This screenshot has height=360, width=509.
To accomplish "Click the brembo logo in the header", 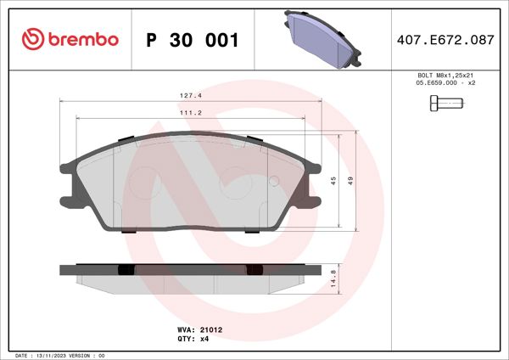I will pos(70,39).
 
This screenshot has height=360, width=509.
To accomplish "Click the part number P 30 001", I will pos(193,40).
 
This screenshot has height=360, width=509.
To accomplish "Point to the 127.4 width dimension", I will pos(190,95).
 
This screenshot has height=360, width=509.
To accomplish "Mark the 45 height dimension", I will pos(333,180).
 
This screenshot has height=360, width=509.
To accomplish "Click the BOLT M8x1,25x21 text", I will pos(445,76).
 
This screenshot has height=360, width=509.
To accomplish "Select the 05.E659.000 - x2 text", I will pos(445,85).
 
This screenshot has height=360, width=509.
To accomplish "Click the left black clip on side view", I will pos(126,270).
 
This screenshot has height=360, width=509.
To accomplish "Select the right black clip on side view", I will pos(252,270).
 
